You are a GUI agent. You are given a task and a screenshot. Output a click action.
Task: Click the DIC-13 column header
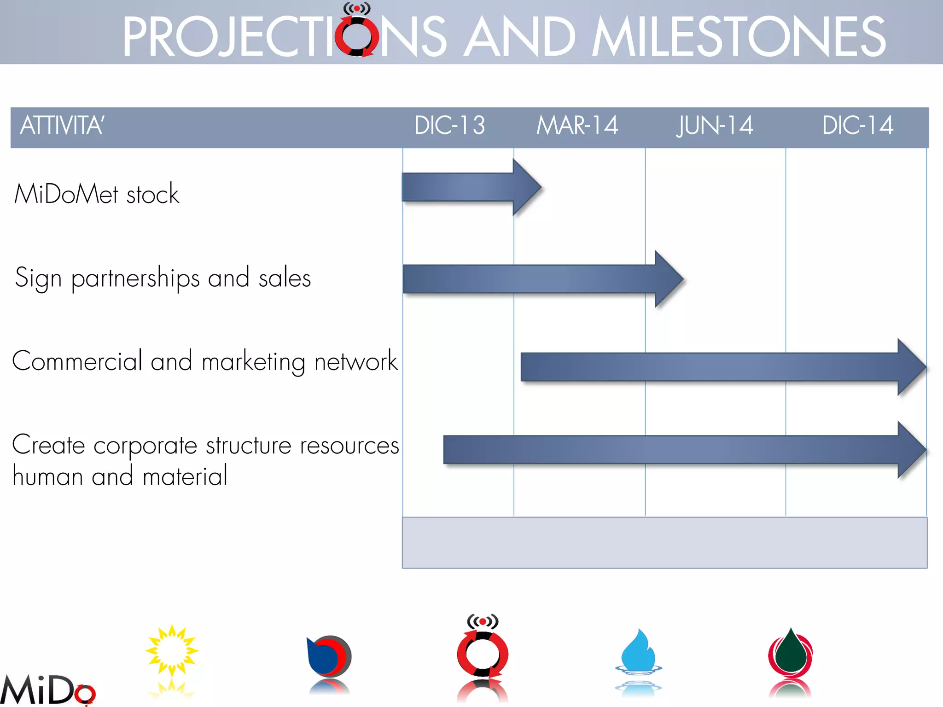click(x=449, y=126)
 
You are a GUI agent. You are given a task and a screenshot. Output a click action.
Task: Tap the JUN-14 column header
click(x=715, y=126)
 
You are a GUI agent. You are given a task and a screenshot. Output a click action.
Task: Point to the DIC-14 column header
click(x=857, y=126)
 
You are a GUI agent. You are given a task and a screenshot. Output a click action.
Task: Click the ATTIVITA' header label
click(x=62, y=126)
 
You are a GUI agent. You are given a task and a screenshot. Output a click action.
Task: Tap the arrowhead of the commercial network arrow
click(x=911, y=367)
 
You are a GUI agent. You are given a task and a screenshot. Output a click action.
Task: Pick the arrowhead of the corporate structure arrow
click(x=911, y=450)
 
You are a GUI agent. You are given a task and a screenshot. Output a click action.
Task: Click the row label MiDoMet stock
click(x=97, y=194)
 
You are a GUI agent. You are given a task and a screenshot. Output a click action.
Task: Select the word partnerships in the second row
click(x=135, y=278)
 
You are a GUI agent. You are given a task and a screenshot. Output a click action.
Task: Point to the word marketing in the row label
click(x=253, y=362)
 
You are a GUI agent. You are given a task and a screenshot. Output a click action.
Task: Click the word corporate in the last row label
click(x=146, y=446)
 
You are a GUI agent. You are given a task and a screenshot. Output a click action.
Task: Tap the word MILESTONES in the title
click(x=739, y=37)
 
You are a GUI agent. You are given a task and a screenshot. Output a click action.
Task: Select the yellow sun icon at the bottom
click(x=172, y=650)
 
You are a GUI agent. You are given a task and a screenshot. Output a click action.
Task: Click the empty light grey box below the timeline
click(x=664, y=543)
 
